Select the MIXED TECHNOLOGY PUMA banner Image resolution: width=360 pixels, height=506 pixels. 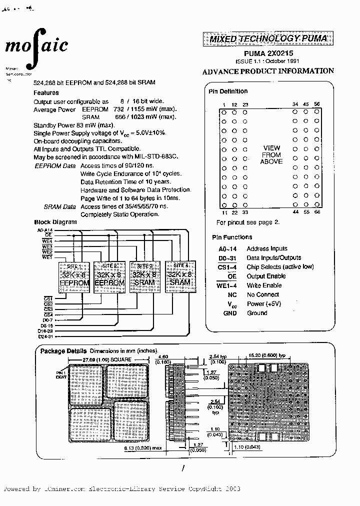268,38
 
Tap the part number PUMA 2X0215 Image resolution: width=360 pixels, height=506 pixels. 268,52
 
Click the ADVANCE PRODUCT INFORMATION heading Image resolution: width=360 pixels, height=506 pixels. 268,71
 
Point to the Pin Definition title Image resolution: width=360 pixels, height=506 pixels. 228,91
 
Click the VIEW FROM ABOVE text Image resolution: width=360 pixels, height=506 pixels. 271,155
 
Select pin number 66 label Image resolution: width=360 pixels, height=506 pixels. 317,212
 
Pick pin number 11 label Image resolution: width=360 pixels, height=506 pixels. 223,212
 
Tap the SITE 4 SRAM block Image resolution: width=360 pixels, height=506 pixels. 180,275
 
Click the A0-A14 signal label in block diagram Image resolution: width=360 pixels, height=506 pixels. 44,230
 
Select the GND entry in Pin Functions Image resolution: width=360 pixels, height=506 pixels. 230,313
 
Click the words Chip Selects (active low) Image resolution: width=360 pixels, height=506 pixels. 280,267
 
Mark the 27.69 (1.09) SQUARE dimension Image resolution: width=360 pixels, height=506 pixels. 107,360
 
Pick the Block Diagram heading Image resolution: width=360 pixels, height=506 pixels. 55,222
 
